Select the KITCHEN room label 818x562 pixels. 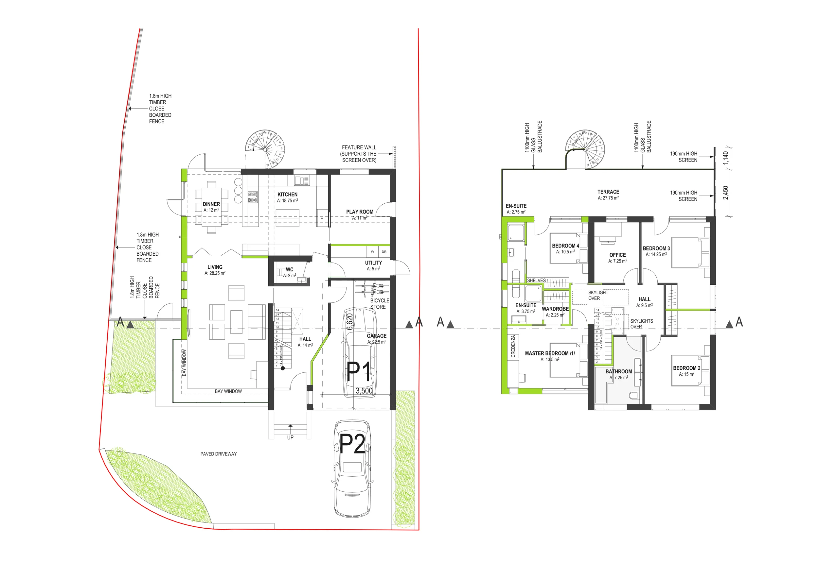(x=287, y=195)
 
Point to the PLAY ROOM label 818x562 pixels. (x=360, y=212)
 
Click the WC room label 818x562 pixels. (x=289, y=269)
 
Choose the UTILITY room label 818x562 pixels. (x=373, y=263)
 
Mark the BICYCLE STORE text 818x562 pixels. (x=380, y=303)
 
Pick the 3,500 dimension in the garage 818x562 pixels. (x=364, y=390)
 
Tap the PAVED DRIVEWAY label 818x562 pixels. (x=219, y=454)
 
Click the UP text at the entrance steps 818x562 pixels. (x=290, y=437)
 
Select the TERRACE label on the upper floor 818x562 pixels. (x=608, y=192)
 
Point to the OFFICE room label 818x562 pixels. (x=617, y=255)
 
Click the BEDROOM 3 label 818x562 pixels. (x=656, y=248)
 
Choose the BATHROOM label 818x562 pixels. (x=618, y=371)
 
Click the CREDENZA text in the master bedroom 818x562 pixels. (x=513, y=346)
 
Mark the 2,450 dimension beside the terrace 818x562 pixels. (x=725, y=193)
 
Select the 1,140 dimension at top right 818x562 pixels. (x=725, y=158)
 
